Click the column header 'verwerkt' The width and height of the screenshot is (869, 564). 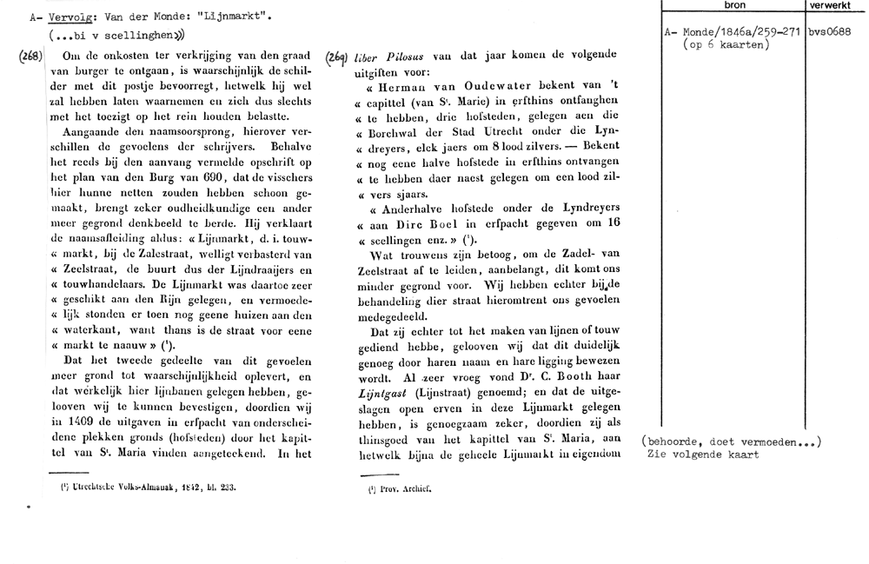[x=831, y=5]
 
